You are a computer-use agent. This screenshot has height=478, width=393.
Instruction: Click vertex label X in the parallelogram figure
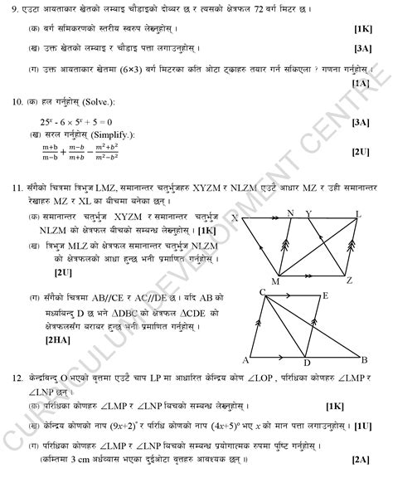pyautogui.click(x=235, y=218)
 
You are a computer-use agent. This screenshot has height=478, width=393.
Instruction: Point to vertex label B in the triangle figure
pyautogui.click(x=365, y=358)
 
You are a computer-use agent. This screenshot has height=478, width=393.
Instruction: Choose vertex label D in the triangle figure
pyautogui.click(x=304, y=363)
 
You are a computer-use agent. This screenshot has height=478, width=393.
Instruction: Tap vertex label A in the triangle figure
pyautogui.click(x=245, y=359)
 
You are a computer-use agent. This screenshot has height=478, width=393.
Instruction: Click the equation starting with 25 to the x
pyautogui.click(x=75, y=121)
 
